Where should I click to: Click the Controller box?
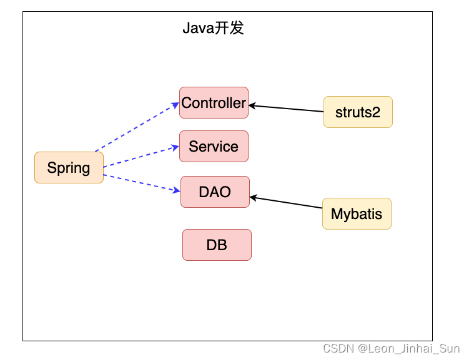(x=214, y=103)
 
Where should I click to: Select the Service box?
(x=214, y=147)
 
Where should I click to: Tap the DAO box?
(x=215, y=192)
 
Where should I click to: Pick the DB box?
(x=217, y=245)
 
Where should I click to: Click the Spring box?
(x=69, y=167)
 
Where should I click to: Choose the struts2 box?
(x=358, y=112)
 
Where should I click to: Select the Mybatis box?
(x=357, y=214)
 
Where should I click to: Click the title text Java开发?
(x=213, y=28)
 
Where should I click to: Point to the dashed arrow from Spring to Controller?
(x=137, y=127)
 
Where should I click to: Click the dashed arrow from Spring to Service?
(x=141, y=157)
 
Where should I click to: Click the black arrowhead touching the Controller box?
(x=252, y=105)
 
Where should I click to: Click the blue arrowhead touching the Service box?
(x=175, y=148)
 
